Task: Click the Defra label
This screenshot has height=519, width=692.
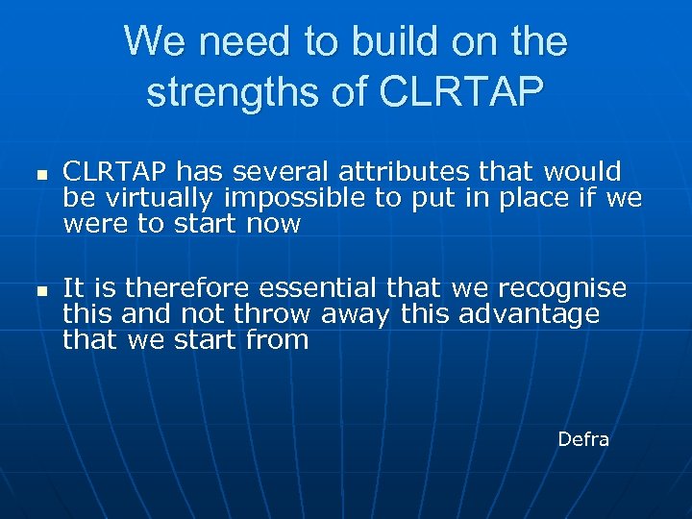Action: coord(583,439)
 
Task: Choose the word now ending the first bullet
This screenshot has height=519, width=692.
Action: coord(274,225)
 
